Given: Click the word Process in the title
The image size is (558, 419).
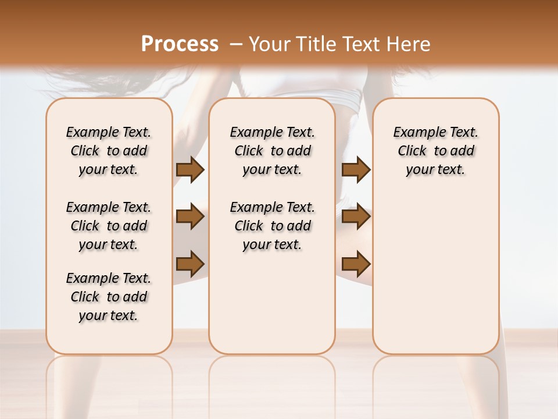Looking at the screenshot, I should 180,44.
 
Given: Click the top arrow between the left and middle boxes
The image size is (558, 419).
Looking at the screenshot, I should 190,170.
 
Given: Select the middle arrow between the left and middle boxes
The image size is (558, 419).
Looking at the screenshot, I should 190,217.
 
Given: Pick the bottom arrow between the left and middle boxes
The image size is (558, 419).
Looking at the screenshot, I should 190,264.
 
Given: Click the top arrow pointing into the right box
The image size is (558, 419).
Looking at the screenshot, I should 356,170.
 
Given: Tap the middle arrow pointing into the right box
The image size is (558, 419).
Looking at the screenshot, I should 356,217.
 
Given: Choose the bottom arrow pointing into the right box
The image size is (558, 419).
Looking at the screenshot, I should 356,264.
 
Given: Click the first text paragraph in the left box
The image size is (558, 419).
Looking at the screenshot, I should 109,151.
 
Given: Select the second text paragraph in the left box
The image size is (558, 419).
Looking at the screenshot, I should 109,226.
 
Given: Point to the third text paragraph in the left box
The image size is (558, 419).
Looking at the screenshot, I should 109,297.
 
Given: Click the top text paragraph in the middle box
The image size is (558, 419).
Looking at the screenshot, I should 272,151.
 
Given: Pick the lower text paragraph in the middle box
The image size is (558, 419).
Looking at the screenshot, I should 272,226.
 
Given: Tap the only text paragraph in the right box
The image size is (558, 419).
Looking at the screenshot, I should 435,151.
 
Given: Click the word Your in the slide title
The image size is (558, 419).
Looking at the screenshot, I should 267,44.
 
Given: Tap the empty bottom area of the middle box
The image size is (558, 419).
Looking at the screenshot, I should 272,308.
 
